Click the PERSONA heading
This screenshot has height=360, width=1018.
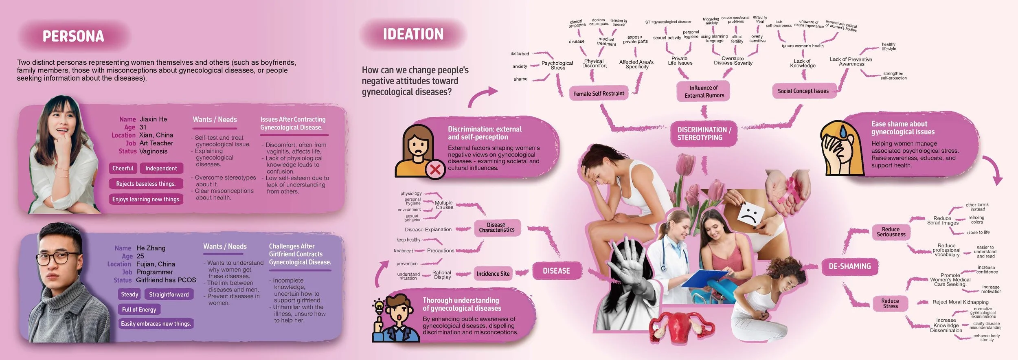click(73, 37)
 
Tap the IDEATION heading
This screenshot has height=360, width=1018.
click(413, 34)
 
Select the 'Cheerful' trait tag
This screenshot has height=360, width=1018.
click(123, 168)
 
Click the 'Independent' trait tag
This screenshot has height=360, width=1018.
click(161, 168)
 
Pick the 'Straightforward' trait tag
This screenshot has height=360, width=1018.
click(169, 294)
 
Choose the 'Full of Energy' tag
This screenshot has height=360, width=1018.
click(139, 310)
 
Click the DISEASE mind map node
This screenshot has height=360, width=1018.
click(556, 271)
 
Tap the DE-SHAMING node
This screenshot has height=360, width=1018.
click(849, 266)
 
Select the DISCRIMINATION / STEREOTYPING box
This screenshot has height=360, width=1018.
click(704, 134)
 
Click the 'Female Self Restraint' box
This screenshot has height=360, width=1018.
click(598, 94)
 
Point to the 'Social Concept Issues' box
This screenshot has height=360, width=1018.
click(803, 91)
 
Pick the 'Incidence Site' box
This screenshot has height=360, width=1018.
click(493, 274)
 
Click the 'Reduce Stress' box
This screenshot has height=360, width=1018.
click(890, 303)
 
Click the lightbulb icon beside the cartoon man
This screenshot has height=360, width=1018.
click(379, 305)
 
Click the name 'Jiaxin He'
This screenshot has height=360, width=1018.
click(153, 119)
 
